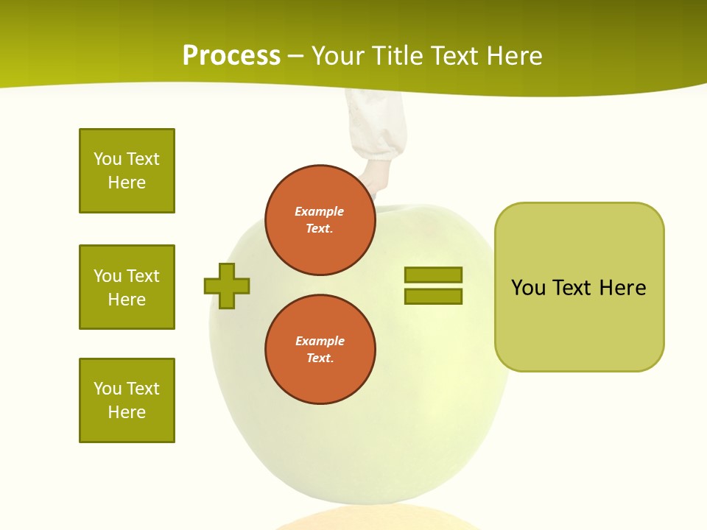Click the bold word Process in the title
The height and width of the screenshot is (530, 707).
point(231,56)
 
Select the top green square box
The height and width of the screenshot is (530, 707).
point(127,171)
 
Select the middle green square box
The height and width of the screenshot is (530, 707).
point(127,287)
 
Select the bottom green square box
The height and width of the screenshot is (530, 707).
point(127,400)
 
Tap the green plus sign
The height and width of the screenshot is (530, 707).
point(227,286)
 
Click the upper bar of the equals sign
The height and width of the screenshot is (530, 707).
point(433,275)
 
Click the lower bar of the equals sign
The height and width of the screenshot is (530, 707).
point(433,297)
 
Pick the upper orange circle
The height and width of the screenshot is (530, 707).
point(320,220)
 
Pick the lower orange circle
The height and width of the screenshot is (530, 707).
point(320,350)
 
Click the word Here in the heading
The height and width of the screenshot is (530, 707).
point(514,56)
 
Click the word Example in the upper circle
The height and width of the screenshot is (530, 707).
point(320,211)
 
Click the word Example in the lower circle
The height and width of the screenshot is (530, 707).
point(320,341)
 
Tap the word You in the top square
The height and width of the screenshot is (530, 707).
point(106,159)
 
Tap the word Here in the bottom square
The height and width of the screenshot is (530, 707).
point(127,412)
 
